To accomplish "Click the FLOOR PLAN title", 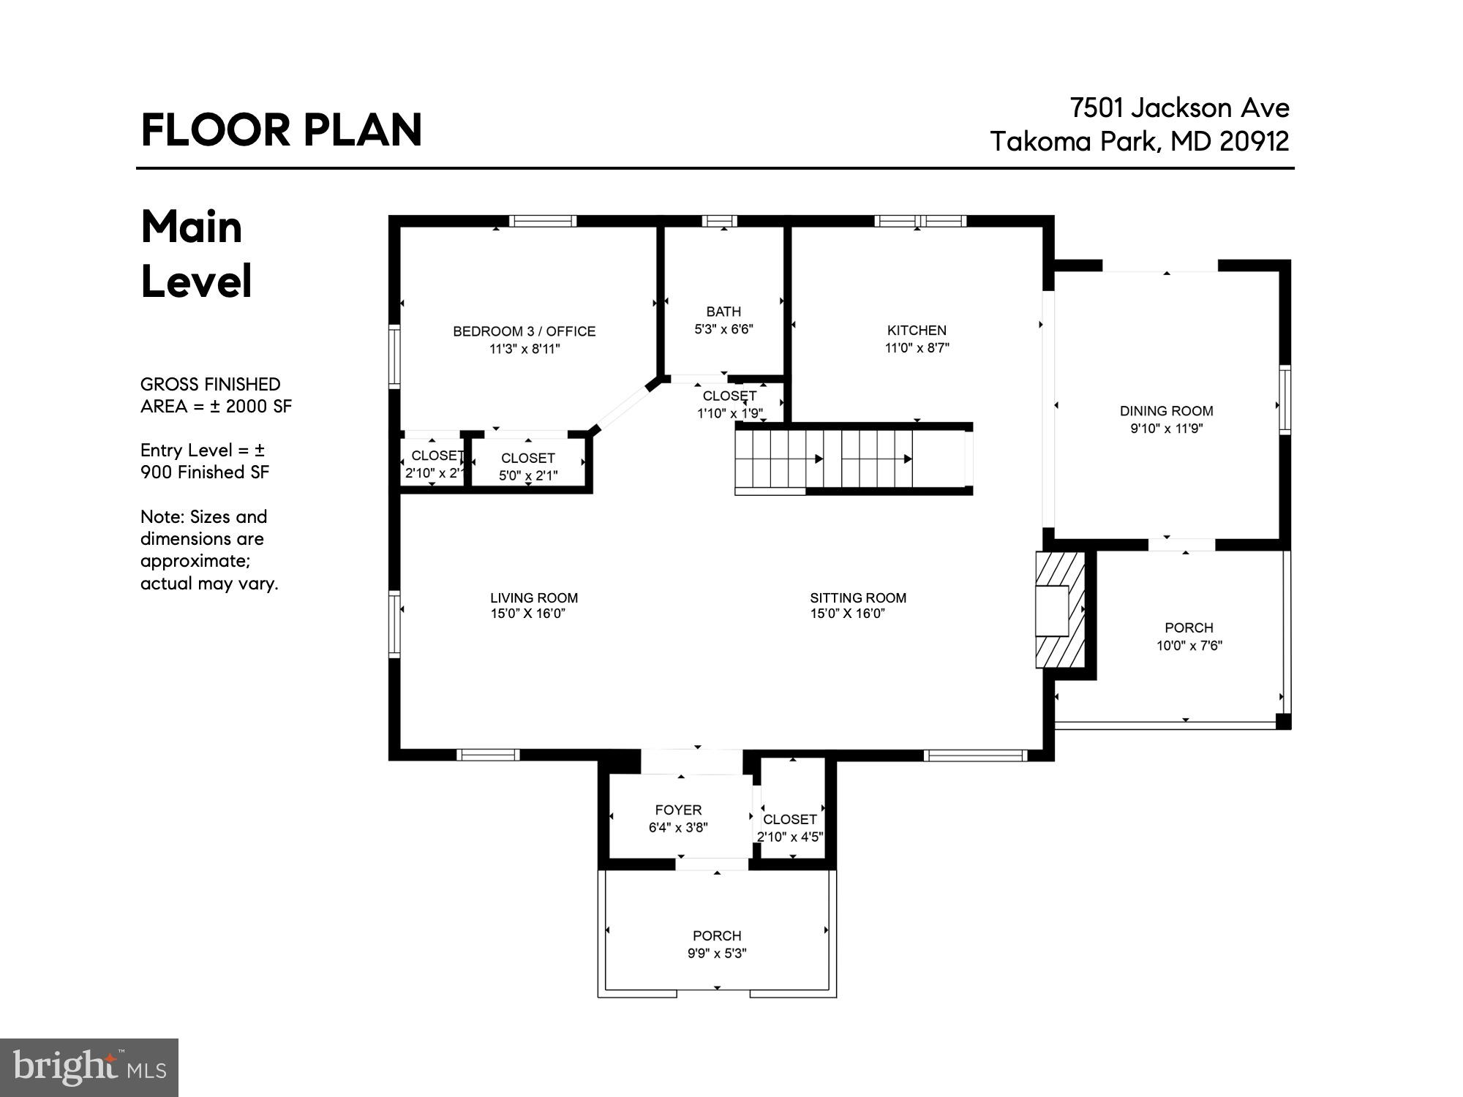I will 281,130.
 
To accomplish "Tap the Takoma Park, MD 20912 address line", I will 1139,141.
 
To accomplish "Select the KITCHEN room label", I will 917,331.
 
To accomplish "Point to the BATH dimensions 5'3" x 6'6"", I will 723,329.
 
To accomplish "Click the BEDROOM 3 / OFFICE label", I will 524,331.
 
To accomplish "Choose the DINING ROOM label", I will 1166,411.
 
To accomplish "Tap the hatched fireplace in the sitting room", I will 1058,609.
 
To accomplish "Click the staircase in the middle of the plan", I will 852,459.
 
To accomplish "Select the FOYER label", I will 678,810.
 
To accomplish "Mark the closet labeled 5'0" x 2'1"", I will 528,466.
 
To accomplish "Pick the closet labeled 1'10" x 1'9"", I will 729,404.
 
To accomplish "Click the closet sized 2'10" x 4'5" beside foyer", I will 790,827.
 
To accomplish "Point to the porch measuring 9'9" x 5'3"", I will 717,943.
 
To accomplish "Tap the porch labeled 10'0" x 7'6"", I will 1189,636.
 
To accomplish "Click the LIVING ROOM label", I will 534,597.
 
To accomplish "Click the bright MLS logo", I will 89,1067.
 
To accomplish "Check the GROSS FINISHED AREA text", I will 216,395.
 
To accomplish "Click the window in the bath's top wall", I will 719,221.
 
